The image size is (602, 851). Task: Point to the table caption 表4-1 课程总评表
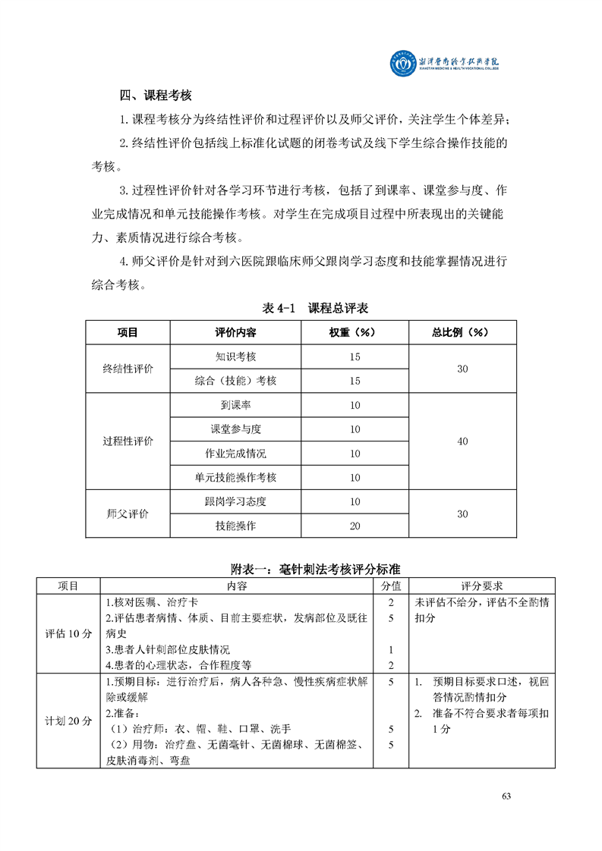tap(315, 308)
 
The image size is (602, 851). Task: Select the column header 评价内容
tap(235, 332)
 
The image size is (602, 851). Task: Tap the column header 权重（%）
tap(355, 332)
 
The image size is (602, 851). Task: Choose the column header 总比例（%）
tap(462, 332)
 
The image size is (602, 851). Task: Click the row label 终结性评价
tap(128, 369)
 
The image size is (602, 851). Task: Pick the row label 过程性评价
tap(128, 441)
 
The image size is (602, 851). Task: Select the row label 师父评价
tap(128, 513)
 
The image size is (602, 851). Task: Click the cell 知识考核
tap(235, 356)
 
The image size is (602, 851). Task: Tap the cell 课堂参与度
tap(235, 429)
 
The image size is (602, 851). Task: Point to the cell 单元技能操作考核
tap(235, 478)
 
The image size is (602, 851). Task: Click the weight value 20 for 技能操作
tap(355, 526)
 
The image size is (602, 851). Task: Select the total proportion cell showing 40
tap(462, 441)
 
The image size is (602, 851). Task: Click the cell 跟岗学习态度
tap(235, 501)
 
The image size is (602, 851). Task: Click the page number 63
tap(507, 796)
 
